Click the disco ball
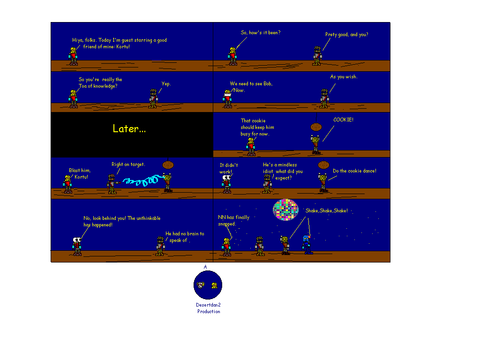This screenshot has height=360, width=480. click(285, 210)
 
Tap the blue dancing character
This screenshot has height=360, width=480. click(307, 244)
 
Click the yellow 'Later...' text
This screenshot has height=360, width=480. click(129, 129)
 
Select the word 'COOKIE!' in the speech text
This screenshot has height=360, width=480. click(343, 120)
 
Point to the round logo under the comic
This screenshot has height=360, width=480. click(208, 285)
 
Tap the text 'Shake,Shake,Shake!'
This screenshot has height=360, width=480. click(326, 211)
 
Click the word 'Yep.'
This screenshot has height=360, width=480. click(166, 84)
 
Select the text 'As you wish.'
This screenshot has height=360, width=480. click(343, 77)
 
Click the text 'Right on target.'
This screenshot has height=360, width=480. click(128, 165)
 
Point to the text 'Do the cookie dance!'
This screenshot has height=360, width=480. click(354, 171)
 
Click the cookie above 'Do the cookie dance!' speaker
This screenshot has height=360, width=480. click(323, 165)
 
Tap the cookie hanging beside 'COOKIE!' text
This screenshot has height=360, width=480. click(315, 127)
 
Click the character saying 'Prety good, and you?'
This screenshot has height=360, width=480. click(317, 55)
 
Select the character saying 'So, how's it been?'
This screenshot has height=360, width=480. click(232, 56)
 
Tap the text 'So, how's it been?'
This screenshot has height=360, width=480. click(261, 33)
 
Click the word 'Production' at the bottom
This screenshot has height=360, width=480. click(209, 312)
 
